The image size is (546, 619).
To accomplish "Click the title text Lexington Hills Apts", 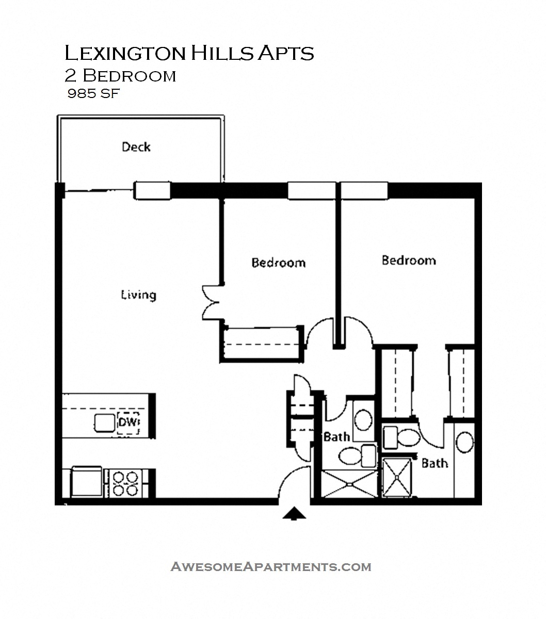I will pyautogui.click(x=189, y=53).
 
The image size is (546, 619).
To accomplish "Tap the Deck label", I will pyautogui.click(x=136, y=147).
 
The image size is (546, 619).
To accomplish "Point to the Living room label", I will pyautogui.click(x=138, y=295).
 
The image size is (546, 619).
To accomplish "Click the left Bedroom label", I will pyautogui.click(x=278, y=263).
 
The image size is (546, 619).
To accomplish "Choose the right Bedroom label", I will pyautogui.click(x=408, y=260).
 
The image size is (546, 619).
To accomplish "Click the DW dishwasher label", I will pyautogui.click(x=129, y=423).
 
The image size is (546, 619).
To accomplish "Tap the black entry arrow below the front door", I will pyautogui.click(x=294, y=513).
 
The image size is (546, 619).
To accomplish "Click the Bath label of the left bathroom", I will pyautogui.click(x=336, y=437).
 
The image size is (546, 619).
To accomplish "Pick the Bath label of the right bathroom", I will pyautogui.click(x=435, y=463).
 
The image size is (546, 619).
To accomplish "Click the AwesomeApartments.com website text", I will pyautogui.click(x=270, y=566).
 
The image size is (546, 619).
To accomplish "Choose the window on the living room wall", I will pyautogui.click(x=152, y=190).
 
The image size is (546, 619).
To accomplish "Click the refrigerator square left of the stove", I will pyautogui.click(x=86, y=482).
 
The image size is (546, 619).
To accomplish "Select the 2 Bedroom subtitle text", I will pyautogui.click(x=120, y=76).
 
